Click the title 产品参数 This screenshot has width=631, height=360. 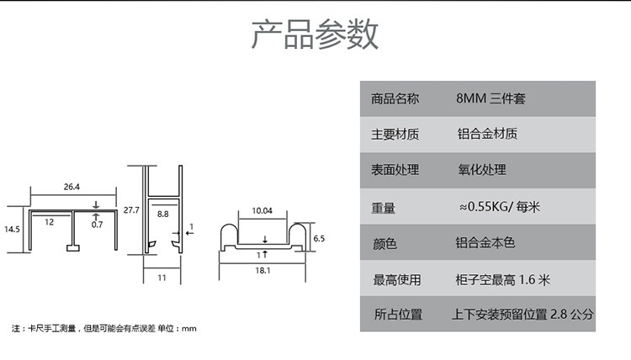point(315,34)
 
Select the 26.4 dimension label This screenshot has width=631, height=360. point(72,187)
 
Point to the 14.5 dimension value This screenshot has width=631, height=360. point(12,230)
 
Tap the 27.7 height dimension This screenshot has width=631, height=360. point(131,210)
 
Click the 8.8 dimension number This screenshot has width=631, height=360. point(163,214)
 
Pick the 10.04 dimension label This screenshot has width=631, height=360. point(262,210)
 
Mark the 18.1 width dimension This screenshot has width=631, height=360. point(262,270)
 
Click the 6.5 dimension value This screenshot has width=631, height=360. point(319,239)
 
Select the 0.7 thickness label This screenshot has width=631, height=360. point(97,225)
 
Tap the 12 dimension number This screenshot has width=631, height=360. point(49,222)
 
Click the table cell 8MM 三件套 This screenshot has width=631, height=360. point(490,98)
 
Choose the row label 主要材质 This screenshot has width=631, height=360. point(395,134)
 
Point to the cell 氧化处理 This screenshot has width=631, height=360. point(482,170)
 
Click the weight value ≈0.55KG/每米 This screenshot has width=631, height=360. point(499,207)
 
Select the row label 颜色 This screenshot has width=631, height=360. point(384,243)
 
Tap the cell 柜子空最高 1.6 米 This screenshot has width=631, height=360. point(502,279)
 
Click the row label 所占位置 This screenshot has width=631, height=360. point(398,314)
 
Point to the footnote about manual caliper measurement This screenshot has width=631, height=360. point(104,329)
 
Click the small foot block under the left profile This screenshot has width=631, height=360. point(73,248)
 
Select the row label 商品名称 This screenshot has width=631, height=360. point(395,98)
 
